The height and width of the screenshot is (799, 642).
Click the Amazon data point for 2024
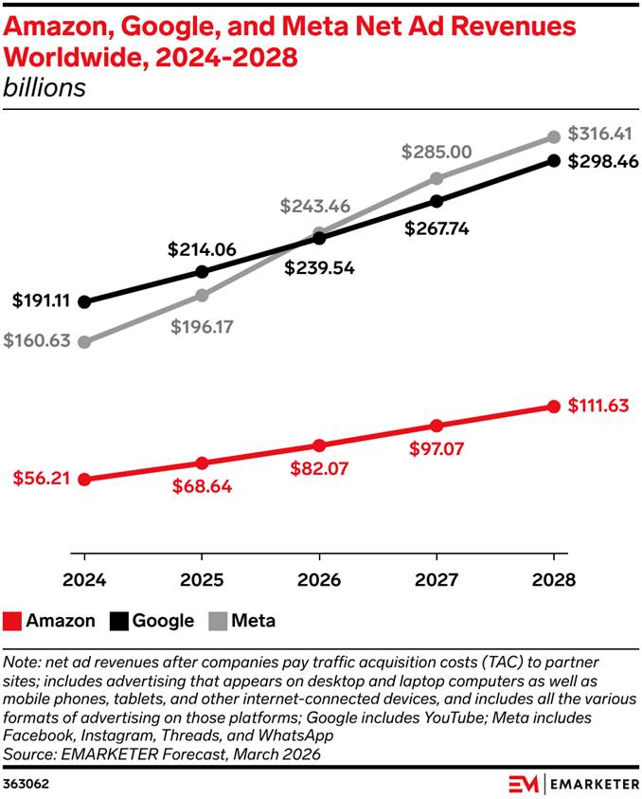tap(84, 480)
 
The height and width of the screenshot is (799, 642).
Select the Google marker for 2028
tap(554, 160)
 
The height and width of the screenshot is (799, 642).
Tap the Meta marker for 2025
tap(202, 295)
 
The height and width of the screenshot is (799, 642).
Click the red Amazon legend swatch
tap(12, 622)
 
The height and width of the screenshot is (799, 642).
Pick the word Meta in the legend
tap(254, 622)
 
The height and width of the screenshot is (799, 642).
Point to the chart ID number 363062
tap(27, 783)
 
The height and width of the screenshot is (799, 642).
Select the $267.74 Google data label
tap(437, 228)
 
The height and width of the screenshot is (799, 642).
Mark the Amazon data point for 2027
tap(437, 426)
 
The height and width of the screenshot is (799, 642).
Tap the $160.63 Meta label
tap(37, 341)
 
